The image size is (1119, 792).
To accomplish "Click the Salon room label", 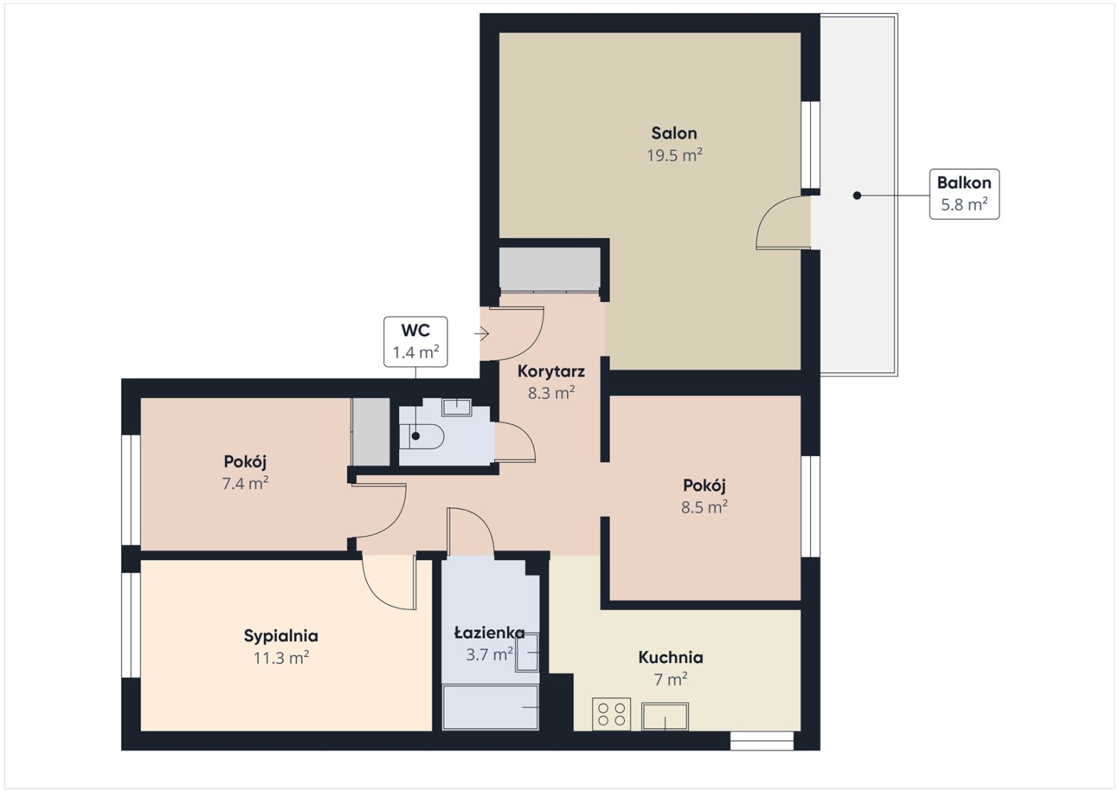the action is point(674,133).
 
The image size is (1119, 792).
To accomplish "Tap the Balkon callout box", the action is point(964,194).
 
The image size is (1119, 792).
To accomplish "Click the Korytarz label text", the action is point(551,371).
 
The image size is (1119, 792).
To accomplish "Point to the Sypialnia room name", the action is point(281,636).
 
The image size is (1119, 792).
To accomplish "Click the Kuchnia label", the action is point(670,658).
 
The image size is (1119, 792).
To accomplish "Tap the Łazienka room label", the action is point(489,633).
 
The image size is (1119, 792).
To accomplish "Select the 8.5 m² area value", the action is point(704,507).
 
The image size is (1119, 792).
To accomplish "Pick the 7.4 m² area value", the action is point(245,483).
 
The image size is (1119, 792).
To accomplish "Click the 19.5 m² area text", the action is point(675,155).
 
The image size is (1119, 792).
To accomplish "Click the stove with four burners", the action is point(612,714).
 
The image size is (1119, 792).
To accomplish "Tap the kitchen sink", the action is point(665,716).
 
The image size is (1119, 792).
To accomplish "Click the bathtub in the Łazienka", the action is point(490,707).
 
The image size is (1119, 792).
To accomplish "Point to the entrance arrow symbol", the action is point(482,333).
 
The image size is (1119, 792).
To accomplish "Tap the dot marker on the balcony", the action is point(856,195).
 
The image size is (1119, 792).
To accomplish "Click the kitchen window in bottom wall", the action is point(761,741).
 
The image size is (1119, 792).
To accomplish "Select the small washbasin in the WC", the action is point(457,407).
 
